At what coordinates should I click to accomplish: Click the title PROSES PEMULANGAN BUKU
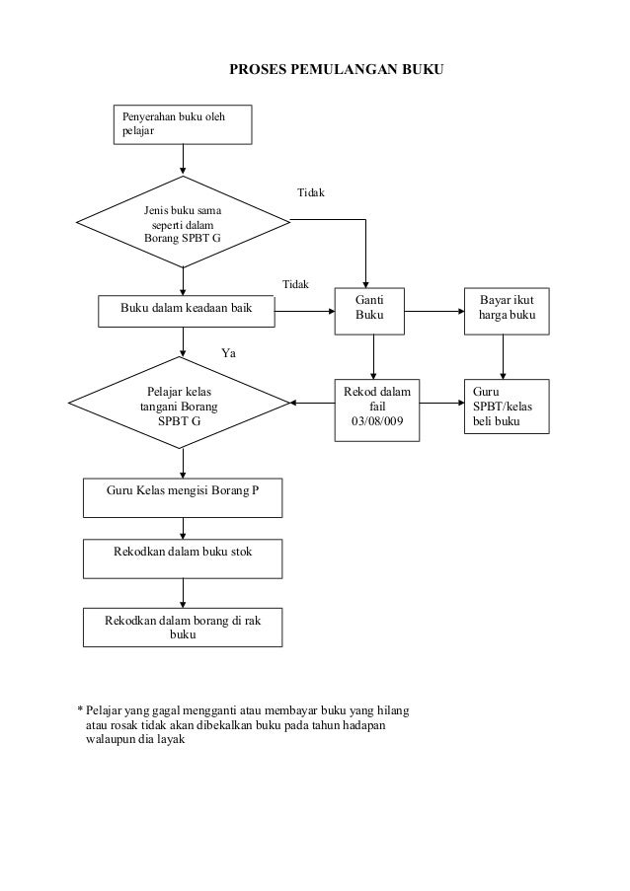336,69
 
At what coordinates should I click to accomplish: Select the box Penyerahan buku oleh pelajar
183,124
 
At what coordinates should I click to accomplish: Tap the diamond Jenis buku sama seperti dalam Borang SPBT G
183,222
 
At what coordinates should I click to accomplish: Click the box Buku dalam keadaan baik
187,311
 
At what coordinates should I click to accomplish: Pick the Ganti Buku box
369,312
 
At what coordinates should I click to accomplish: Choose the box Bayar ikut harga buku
507,312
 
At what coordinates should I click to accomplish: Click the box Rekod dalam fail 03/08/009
377,410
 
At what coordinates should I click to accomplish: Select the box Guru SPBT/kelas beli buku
507,407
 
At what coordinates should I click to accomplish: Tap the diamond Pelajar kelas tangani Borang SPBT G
180,403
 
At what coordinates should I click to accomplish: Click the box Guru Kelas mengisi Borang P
183,497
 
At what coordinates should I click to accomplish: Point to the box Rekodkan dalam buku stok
183,559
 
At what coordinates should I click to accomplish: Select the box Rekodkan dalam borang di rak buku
183,628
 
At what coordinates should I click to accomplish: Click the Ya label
228,353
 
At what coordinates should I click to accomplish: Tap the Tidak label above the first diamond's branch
311,192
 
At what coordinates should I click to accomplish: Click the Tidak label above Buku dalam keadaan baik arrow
295,285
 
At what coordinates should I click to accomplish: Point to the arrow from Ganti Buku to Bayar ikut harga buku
434,312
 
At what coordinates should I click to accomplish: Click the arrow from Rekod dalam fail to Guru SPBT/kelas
441,403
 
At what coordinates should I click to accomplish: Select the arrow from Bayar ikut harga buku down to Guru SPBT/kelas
503,357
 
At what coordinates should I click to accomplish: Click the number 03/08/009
377,421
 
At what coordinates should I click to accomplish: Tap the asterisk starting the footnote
80,709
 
